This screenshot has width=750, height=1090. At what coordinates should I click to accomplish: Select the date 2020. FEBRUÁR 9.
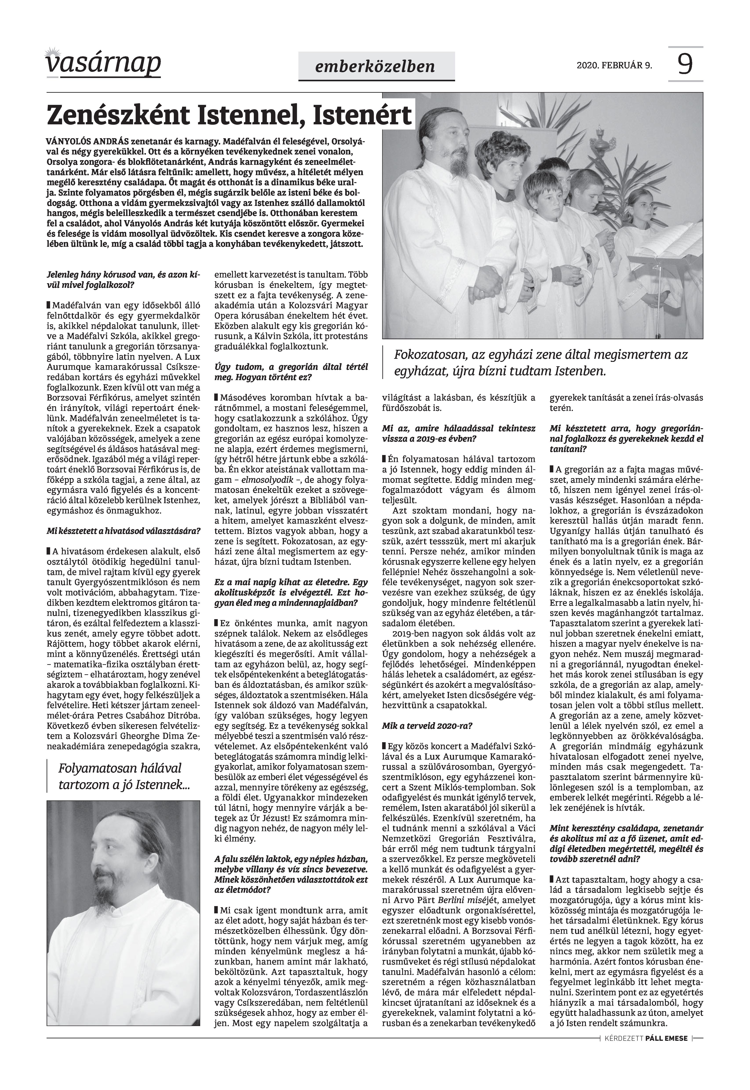pyautogui.click(x=614, y=65)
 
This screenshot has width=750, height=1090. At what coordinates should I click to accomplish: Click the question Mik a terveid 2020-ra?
pyautogui.click(x=428, y=725)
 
